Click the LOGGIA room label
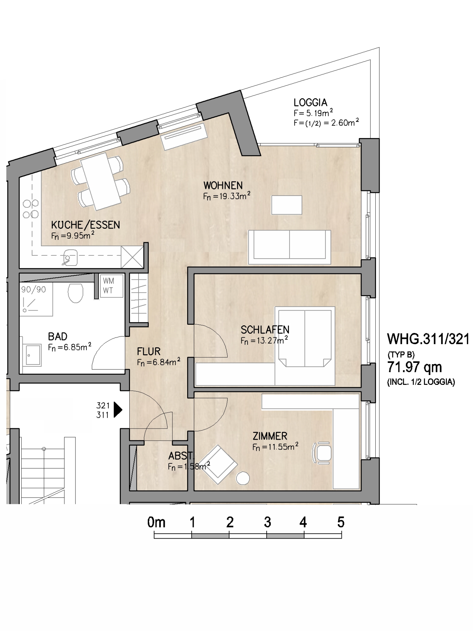(x=310, y=102)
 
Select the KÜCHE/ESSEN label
(x=86, y=225)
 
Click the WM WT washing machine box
(x=111, y=286)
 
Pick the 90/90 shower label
(x=34, y=290)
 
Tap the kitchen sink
(x=70, y=257)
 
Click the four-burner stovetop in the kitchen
(x=31, y=209)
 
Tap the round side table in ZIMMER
(x=243, y=478)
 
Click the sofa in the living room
(x=289, y=247)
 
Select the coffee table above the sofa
(x=287, y=205)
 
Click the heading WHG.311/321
(x=428, y=339)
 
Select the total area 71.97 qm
(x=414, y=367)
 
